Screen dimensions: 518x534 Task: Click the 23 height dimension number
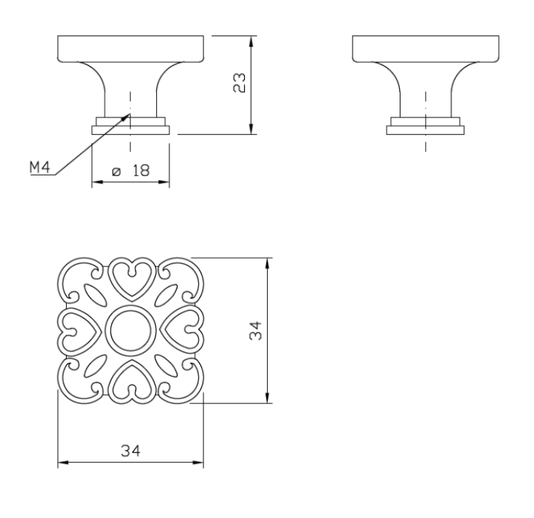click(239, 84)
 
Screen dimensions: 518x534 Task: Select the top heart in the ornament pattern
click(131, 278)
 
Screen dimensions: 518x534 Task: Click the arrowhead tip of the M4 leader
click(130, 114)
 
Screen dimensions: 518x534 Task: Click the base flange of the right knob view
click(425, 129)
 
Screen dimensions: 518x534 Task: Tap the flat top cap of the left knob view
click(131, 47)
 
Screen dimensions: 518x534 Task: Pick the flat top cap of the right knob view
click(425, 47)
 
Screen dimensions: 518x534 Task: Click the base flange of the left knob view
click(131, 129)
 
